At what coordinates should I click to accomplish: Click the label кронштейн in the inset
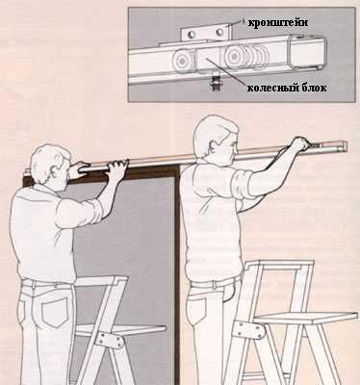278,23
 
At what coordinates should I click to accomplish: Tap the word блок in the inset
314,88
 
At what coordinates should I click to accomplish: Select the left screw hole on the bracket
191,34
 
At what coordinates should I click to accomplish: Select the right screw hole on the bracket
219,32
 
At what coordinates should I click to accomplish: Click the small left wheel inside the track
182,60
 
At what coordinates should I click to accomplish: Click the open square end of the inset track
307,52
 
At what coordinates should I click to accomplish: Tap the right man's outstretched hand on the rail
300,144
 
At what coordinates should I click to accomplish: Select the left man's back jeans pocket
55,312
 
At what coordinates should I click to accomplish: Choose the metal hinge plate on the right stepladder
247,330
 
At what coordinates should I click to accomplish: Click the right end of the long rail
346,146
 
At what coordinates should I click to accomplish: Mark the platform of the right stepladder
306,317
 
